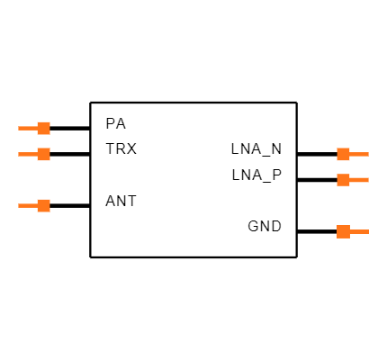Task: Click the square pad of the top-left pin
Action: (x=43, y=128)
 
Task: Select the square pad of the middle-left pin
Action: (x=43, y=154)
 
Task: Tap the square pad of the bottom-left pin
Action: (x=43, y=205)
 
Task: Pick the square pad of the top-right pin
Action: (x=343, y=154)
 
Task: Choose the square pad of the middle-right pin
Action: (x=343, y=180)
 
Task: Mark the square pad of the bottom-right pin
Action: (x=343, y=231)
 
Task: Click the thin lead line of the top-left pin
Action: (x=27, y=128)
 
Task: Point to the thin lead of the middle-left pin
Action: (x=27, y=154)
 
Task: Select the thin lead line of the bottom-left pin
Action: (x=27, y=205)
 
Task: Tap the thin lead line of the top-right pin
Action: (x=359, y=154)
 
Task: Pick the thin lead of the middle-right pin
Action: (x=359, y=180)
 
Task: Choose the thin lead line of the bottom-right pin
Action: (x=359, y=231)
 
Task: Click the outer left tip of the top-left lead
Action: (x=19, y=128)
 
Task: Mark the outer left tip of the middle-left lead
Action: (x=19, y=154)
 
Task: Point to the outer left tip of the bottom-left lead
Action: (x=19, y=205)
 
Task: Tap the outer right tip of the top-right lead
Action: (x=368, y=154)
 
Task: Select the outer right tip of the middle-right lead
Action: (x=368, y=180)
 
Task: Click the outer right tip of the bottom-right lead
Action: (x=368, y=231)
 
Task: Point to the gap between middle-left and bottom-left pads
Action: (x=43, y=180)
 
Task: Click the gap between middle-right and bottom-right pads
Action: (x=343, y=206)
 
